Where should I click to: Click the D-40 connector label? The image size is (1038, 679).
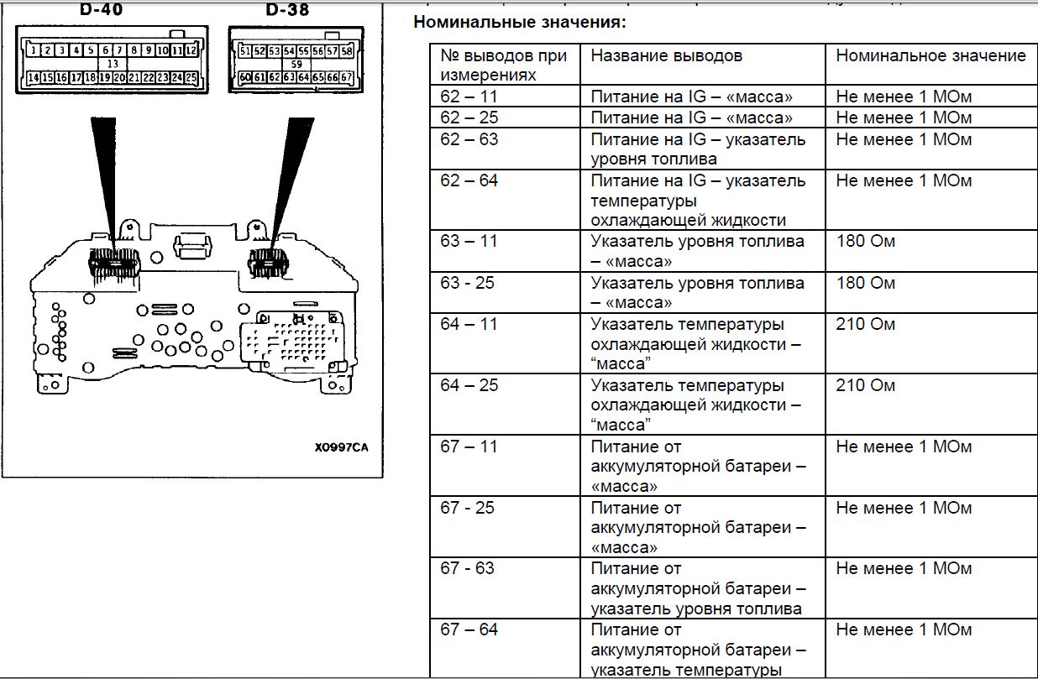[100, 10]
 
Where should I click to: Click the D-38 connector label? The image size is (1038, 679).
[287, 10]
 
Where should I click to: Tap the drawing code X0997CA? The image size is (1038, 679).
[340, 447]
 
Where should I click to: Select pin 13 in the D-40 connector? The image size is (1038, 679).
[112, 64]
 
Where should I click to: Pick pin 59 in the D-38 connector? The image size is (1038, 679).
[296, 64]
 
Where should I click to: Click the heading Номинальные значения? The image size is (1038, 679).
[520, 22]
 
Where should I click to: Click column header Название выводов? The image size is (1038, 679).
[666, 56]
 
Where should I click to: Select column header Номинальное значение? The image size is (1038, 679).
[931, 56]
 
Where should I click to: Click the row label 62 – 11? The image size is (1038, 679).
[469, 97]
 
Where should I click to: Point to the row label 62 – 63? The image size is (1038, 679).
[469, 139]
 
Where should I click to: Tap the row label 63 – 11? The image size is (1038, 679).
[469, 242]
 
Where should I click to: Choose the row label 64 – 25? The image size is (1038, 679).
[469, 386]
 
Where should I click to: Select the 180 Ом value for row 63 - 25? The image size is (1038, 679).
[865, 283]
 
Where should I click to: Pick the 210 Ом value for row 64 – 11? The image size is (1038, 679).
[865, 324]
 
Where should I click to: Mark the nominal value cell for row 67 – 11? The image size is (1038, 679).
[904, 447]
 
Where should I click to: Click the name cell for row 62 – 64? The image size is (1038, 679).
[698, 201]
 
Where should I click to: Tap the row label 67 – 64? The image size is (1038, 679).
[469, 630]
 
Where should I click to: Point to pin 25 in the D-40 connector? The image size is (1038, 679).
[191, 78]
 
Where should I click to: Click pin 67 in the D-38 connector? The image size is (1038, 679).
[346, 78]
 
